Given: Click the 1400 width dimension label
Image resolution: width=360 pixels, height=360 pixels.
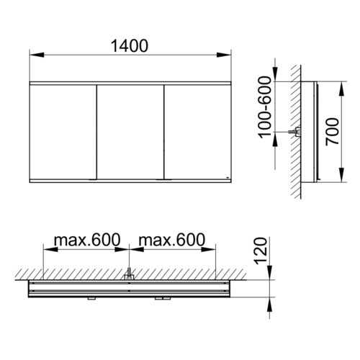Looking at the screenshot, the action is pyautogui.click(x=130, y=46).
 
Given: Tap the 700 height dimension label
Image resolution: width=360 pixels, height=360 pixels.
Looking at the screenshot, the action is pyautogui.click(x=333, y=132).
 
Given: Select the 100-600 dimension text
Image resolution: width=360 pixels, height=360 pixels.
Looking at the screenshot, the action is pyautogui.click(x=265, y=107).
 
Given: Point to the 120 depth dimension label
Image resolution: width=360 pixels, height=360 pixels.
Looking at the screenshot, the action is pyautogui.click(x=261, y=251).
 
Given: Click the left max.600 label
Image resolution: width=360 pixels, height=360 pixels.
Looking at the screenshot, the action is pyautogui.click(x=87, y=240).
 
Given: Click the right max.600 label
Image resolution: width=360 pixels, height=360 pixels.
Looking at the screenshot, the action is pyautogui.click(x=172, y=240).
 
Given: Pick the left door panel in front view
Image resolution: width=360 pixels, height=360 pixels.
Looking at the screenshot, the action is pyautogui.click(x=63, y=132).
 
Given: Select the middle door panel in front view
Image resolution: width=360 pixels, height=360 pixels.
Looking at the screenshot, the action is pyautogui.click(x=130, y=132).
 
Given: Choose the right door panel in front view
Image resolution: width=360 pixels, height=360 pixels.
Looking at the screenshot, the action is pyautogui.click(x=198, y=132).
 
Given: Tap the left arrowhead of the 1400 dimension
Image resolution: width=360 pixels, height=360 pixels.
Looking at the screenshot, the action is pyautogui.click(x=37, y=55).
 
